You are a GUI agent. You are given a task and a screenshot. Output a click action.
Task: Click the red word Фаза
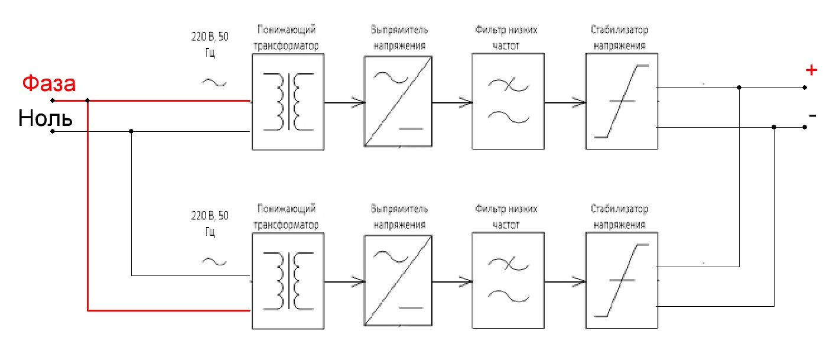[49, 83]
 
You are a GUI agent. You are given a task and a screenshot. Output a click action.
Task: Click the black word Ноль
[45, 118]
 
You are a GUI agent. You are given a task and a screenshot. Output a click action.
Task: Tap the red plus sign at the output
[811, 70]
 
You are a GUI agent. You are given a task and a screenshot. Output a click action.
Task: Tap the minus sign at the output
[812, 116]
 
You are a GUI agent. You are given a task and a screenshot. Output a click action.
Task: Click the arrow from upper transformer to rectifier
[344, 102]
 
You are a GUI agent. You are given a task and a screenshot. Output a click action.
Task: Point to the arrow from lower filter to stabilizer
[565, 281]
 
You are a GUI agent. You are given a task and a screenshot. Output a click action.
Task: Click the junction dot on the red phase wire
[87, 100]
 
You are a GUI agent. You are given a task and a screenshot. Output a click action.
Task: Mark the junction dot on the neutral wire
[131, 131]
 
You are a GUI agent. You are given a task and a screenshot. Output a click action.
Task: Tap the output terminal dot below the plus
[805, 87]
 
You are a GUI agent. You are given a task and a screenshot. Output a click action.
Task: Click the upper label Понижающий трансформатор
[286, 38]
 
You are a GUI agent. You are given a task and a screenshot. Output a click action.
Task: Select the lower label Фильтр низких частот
[506, 216]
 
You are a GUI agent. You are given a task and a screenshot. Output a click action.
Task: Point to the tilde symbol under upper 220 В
[214, 83]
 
